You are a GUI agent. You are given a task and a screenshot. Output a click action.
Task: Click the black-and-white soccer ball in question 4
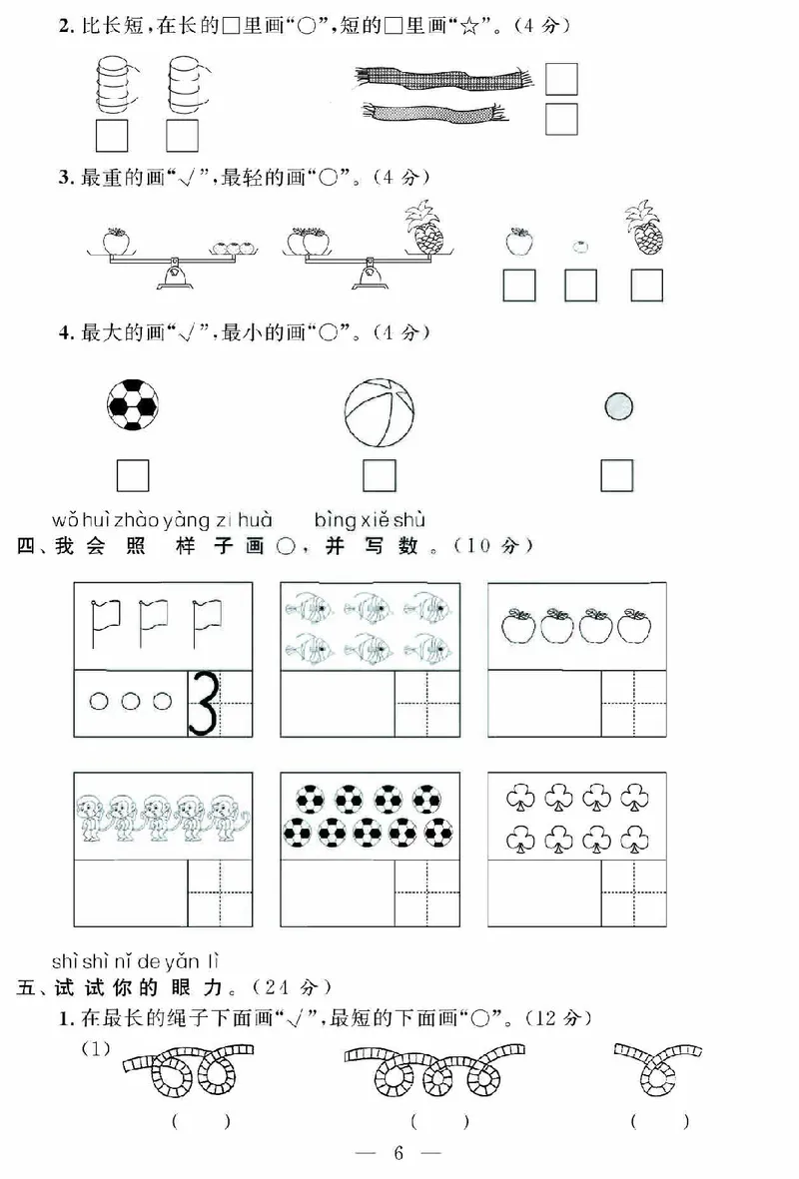[133, 404]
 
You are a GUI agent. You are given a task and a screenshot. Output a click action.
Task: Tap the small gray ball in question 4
[618, 405]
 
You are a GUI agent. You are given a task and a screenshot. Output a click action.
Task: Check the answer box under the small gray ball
[617, 475]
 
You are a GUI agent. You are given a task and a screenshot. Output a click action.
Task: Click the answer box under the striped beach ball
[379, 475]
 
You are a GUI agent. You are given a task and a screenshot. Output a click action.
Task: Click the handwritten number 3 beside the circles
[204, 704]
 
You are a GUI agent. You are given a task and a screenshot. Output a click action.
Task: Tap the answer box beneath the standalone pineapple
[646, 286]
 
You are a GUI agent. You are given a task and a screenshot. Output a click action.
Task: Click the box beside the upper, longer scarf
[561, 79]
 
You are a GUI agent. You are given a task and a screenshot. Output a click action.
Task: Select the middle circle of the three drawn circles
[130, 702]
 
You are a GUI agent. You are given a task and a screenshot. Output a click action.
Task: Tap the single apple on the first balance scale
[118, 240]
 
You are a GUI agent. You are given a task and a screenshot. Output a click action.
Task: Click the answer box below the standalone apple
[517, 286]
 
